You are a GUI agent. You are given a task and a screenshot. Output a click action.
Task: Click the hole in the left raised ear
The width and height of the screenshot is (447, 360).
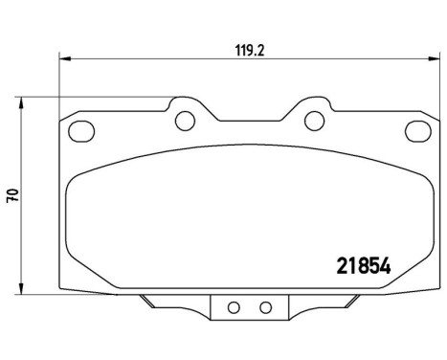182,119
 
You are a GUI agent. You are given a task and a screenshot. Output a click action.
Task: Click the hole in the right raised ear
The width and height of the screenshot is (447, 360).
312,119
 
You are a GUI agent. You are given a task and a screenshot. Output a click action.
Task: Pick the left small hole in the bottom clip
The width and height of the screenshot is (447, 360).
232,308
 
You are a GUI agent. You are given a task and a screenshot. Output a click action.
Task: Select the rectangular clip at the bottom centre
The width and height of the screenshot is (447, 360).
247,307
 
